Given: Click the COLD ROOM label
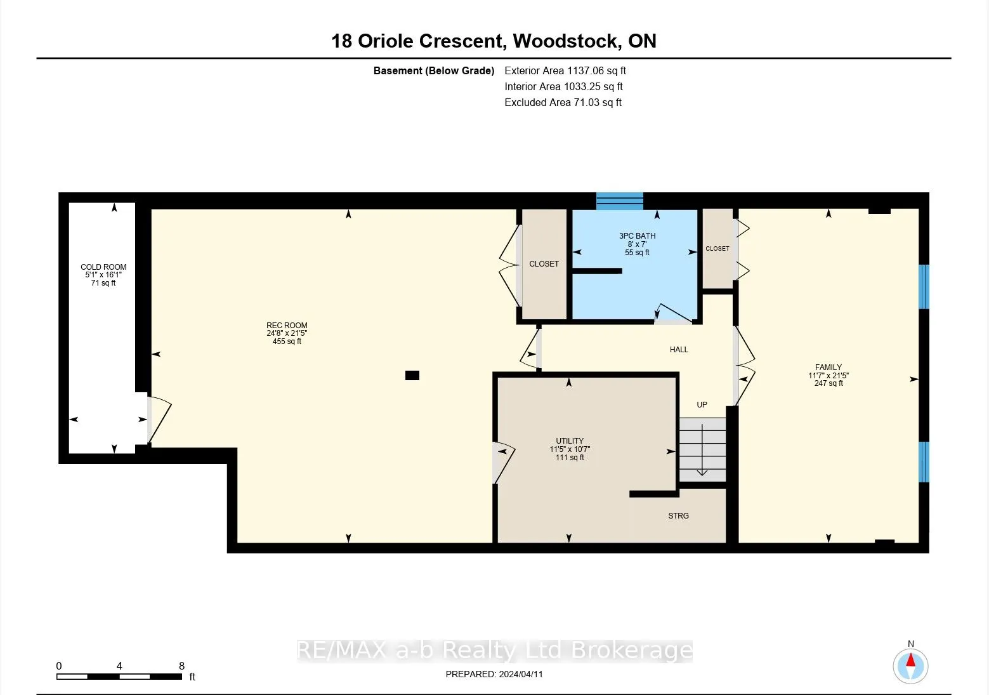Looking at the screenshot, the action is pyautogui.click(x=103, y=267).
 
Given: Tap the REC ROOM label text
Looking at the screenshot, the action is pyautogui.click(x=287, y=325).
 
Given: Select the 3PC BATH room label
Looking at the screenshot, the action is pyautogui.click(x=637, y=236).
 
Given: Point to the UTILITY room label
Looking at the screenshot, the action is pyautogui.click(x=570, y=441).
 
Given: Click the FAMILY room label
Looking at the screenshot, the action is pyautogui.click(x=829, y=367).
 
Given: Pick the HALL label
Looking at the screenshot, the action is pyautogui.click(x=679, y=350).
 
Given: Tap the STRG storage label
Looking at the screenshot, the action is pyautogui.click(x=679, y=515).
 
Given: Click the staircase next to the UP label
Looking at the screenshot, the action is pyautogui.click(x=702, y=450).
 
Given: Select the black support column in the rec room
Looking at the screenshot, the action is pyautogui.click(x=412, y=375).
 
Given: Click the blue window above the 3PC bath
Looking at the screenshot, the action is pyautogui.click(x=620, y=201).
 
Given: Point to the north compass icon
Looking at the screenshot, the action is pyautogui.click(x=910, y=665).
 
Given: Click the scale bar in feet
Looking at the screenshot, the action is pyautogui.click(x=119, y=677).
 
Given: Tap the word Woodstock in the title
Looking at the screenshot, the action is pyautogui.click(x=565, y=41).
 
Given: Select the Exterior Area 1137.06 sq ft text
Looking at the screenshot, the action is pyautogui.click(x=565, y=70).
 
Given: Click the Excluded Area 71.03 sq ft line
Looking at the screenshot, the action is pyautogui.click(x=563, y=103).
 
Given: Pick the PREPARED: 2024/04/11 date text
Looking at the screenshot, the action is pyautogui.click(x=494, y=674).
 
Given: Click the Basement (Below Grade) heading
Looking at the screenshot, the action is pyautogui.click(x=433, y=70).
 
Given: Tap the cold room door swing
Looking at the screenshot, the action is pyautogui.click(x=159, y=420).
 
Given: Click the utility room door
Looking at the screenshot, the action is pyautogui.click(x=504, y=462).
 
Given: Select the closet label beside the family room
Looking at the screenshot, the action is pyautogui.click(x=717, y=249).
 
